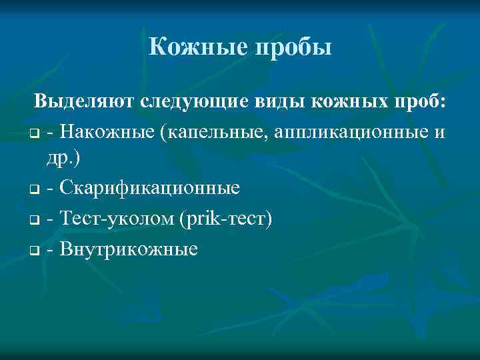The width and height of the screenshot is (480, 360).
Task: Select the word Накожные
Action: (x=107, y=133)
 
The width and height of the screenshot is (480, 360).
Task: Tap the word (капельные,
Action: (x=212, y=133)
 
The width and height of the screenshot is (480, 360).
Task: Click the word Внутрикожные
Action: (x=128, y=249)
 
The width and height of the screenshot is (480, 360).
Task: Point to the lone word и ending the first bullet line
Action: (x=438, y=133)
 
